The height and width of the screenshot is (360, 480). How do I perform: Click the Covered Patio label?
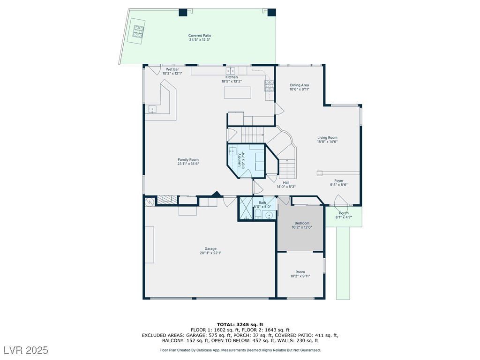(200, 36)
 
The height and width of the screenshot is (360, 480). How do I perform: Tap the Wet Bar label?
(172, 69)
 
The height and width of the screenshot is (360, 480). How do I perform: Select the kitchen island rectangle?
(238, 93)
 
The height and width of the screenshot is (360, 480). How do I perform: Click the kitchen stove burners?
(269, 85)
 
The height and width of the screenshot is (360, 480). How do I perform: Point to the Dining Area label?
(300, 85)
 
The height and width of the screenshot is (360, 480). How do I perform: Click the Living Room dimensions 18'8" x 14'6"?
(327, 142)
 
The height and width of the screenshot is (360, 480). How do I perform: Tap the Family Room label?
(188, 159)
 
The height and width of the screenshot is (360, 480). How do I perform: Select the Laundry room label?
(240, 160)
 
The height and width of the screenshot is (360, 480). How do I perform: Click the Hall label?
(286, 182)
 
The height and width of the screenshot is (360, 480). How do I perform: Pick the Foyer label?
(339, 180)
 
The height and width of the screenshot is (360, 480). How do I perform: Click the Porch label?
(344, 213)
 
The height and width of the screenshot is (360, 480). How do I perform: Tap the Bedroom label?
(302, 223)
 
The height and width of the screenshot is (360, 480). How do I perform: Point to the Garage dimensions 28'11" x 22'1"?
(210, 253)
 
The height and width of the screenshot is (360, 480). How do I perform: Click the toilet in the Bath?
(257, 214)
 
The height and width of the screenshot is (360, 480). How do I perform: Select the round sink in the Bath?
(269, 215)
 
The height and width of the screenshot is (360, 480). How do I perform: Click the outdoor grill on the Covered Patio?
(138, 31)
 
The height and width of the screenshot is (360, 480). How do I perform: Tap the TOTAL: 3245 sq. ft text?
(240, 324)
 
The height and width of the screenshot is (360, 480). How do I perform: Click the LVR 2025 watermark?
(26, 350)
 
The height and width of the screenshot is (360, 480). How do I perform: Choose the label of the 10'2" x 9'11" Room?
(300, 272)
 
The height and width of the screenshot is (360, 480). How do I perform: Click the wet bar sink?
(152, 109)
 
